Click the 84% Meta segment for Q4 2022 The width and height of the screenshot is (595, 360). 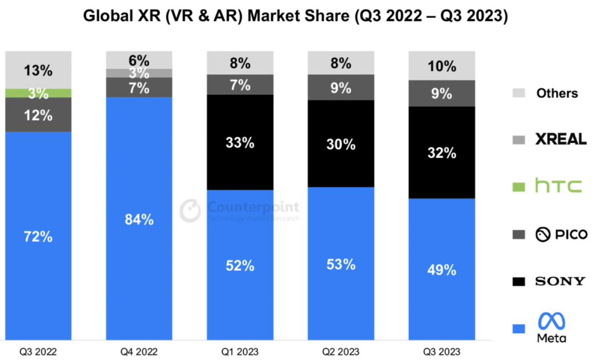pyautogui.click(x=139, y=219)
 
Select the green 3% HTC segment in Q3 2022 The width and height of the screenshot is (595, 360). pyautogui.click(x=39, y=93)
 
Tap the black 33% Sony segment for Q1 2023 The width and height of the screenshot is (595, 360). pyautogui.click(x=240, y=142)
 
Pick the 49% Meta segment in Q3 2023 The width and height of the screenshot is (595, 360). pyautogui.click(x=441, y=270)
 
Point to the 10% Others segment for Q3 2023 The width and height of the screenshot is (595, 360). pyautogui.click(x=441, y=66)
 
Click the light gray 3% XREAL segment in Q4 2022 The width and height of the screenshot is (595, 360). pyautogui.click(x=139, y=73)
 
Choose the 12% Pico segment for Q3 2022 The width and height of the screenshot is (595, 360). pyautogui.click(x=39, y=115)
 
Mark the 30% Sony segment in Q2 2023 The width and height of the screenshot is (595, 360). pyautogui.click(x=341, y=144)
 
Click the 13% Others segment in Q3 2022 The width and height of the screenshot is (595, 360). pyautogui.click(x=39, y=70)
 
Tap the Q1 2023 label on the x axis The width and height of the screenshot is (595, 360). pyautogui.click(x=240, y=351)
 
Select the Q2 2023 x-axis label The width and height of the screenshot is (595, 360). pyautogui.click(x=341, y=351)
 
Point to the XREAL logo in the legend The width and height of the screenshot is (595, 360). pyautogui.click(x=560, y=139)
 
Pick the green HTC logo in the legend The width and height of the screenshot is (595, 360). pyautogui.click(x=558, y=186)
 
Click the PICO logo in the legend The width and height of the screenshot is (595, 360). pyautogui.click(x=561, y=234)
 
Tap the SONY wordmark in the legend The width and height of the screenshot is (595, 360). pyautogui.click(x=560, y=282)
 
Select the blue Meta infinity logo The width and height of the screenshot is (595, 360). pyautogui.click(x=551, y=321)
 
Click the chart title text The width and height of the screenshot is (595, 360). pyautogui.click(x=295, y=16)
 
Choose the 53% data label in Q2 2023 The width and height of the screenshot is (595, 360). pyautogui.click(x=341, y=264)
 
